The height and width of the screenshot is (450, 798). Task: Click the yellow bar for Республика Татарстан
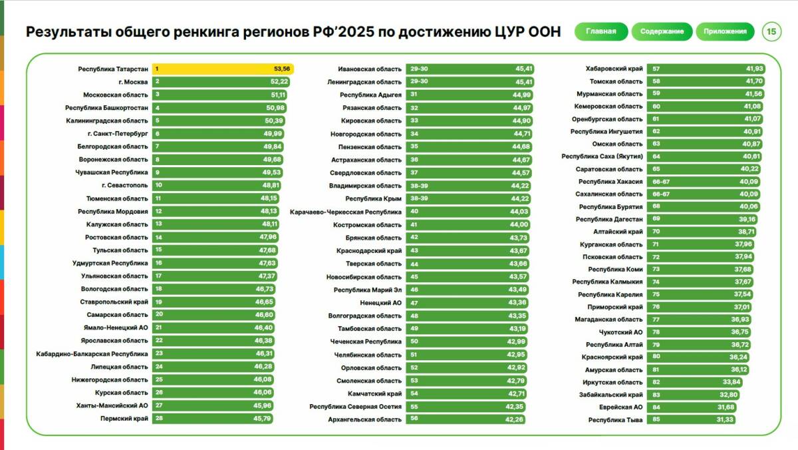pos(223,69)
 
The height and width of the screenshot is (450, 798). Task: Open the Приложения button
pos(725,31)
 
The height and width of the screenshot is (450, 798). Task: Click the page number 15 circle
pos(771,31)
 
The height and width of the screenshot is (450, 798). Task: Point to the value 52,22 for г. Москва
pos(279,82)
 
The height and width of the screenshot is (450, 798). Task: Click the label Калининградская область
pos(106,120)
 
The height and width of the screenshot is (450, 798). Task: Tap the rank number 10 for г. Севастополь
pos(158,185)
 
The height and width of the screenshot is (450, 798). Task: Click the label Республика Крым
pos(373,198)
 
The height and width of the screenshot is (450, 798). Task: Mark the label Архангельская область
pos(364,419)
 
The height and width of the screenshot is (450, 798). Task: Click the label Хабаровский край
pos(614,69)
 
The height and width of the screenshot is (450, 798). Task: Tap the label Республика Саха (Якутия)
pos(602,156)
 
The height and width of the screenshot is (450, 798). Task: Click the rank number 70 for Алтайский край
pos(656,232)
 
